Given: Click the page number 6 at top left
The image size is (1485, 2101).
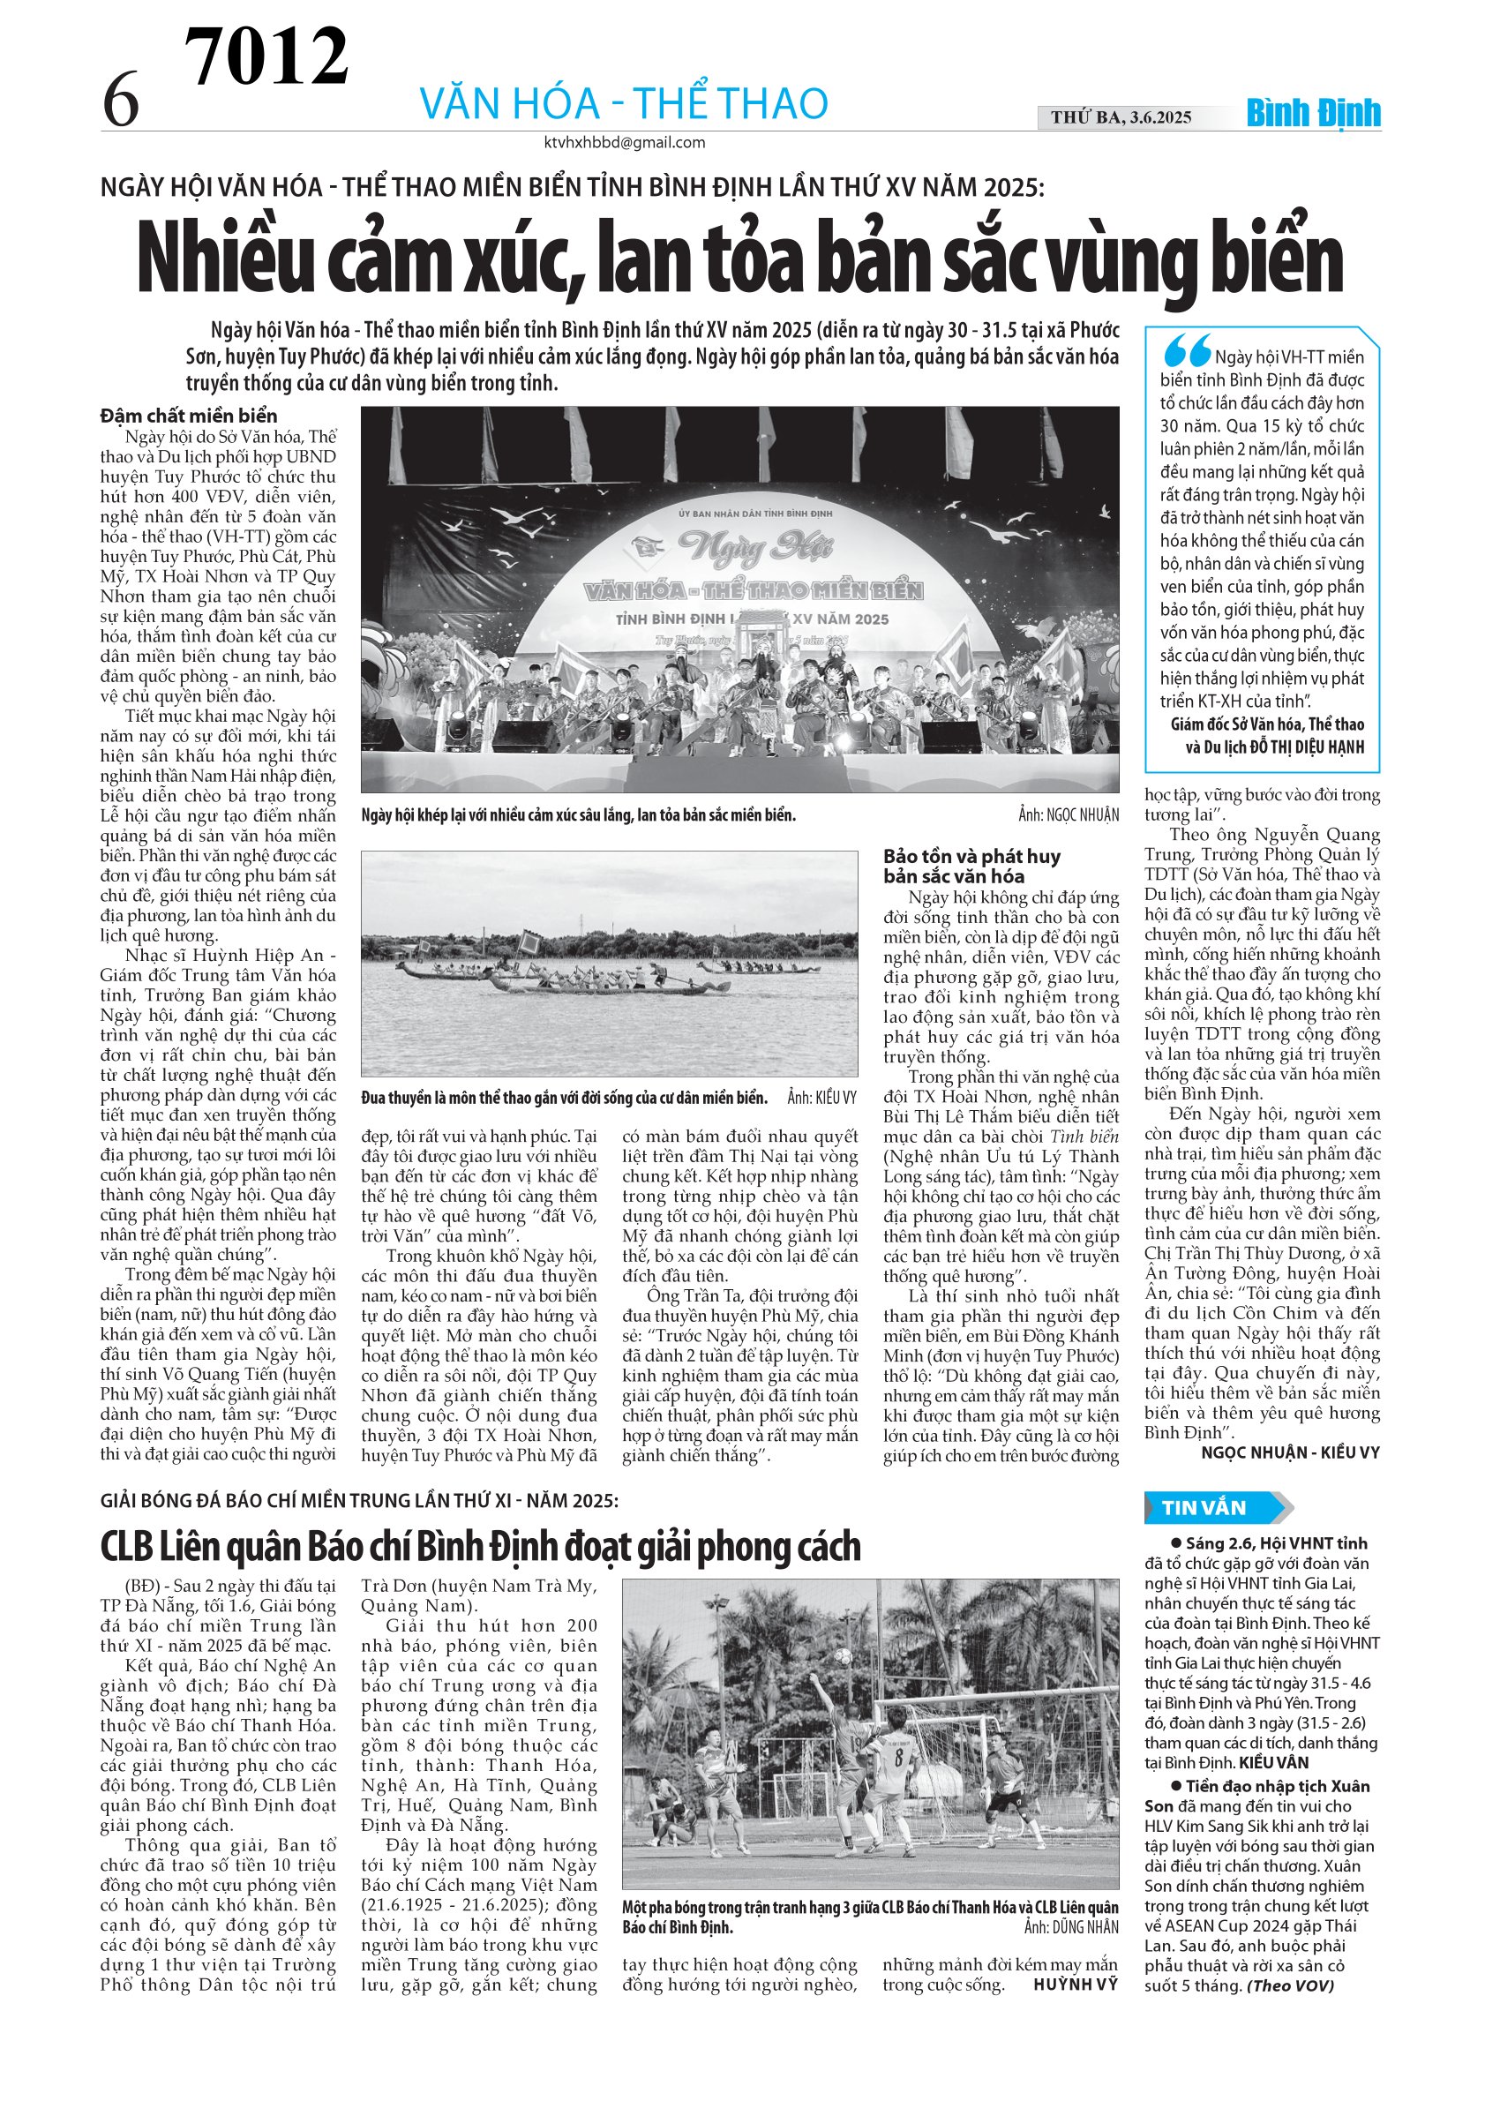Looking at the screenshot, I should coord(121,101).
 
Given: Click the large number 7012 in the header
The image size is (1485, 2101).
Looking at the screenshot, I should coord(266,56).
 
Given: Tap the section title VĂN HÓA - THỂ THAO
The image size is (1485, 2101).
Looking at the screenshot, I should coord(623,103).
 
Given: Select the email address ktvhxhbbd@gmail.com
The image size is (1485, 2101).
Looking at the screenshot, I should coord(624,143).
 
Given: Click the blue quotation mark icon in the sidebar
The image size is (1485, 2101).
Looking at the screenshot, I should coord(1187,350).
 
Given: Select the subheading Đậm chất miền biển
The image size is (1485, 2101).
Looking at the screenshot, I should coord(189,416).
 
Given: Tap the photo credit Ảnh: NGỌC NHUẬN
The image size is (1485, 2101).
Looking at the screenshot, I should coord(1068,815).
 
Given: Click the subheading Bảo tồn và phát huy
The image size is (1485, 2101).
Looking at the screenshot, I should coord(971,857).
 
